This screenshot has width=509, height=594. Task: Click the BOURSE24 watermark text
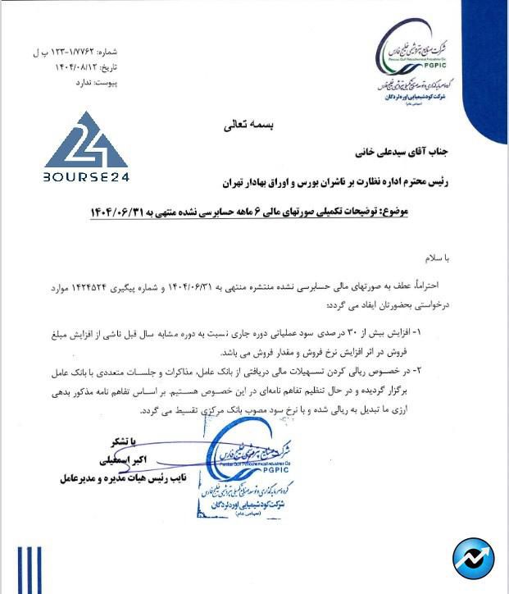tap(87, 176)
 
